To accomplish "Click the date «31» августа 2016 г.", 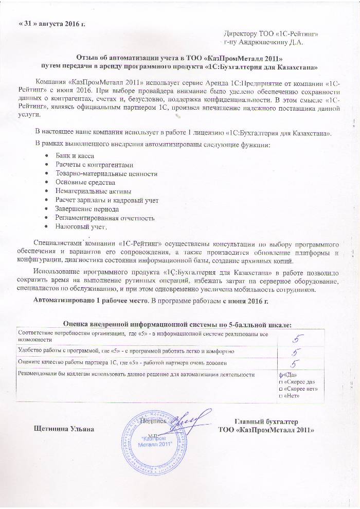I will point(52,24).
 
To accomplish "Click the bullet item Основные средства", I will point(85,182).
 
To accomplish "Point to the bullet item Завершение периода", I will point(87,208).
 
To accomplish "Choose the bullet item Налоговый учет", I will point(80,226).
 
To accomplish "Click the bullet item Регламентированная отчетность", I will point(104,217).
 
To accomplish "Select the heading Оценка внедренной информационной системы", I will point(177,324).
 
